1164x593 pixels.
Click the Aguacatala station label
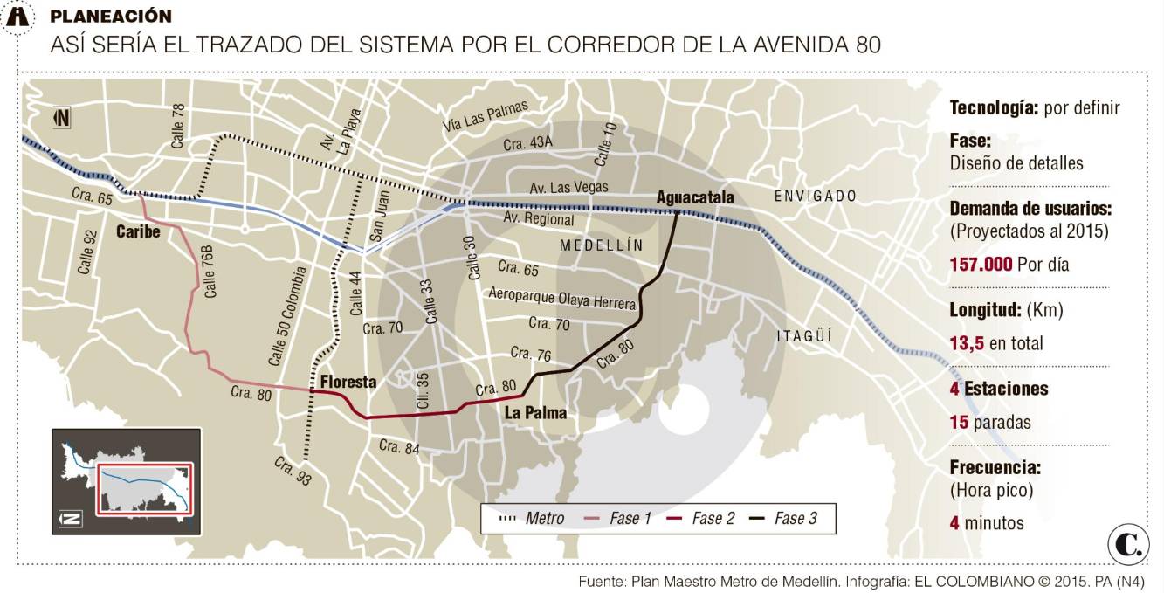[695, 197]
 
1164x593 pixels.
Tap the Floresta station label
[348, 382]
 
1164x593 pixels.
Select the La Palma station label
[535, 413]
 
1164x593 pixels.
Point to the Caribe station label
[138, 231]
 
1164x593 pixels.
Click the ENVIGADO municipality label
[816, 196]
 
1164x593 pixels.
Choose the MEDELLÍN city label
[601, 245]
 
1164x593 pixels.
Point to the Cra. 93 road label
[293, 471]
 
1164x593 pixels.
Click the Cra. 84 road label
[400, 447]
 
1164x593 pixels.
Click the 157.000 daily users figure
[981, 264]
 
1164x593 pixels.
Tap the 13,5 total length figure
[967, 343]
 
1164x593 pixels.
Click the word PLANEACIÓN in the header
[111, 17]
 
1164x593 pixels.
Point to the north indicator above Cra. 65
[62, 117]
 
